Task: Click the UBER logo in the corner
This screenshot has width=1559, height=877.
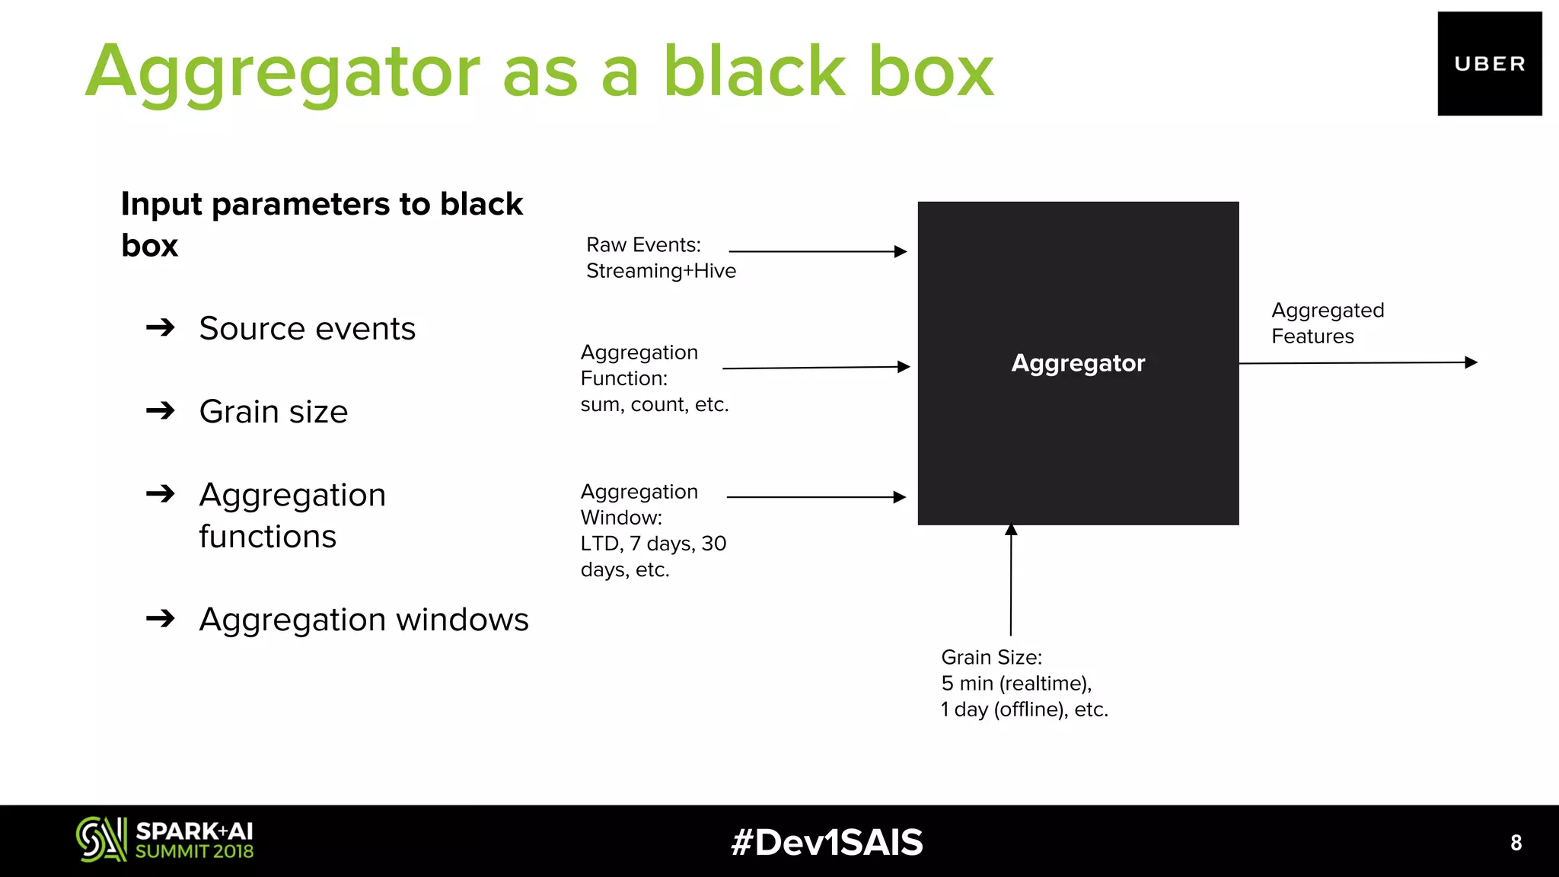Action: (x=1489, y=64)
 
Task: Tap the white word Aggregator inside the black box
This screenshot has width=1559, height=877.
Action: (x=1078, y=363)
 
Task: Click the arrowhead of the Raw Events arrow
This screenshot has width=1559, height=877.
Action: (x=901, y=251)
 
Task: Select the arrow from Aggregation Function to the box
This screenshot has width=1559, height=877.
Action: (x=815, y=368)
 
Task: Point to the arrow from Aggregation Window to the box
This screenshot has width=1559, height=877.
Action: (x=815, y=497)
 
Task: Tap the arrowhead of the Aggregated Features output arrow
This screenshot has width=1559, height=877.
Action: (x=1471, y=362)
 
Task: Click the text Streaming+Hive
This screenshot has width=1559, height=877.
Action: (x=661, y=271)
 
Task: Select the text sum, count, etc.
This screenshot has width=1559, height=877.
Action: (x=655, y=404)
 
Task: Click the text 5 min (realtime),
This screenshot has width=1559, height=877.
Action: (x=1016, y=684)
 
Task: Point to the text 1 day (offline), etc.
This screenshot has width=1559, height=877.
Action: (x=1025, y=710)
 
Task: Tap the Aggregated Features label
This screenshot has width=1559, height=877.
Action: (x=1328, y=323)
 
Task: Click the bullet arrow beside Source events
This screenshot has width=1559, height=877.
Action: (x=161, y=328)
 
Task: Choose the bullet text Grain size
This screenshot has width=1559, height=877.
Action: (x=273, y=412)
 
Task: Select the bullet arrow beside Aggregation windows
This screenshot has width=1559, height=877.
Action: (x=161, y=619)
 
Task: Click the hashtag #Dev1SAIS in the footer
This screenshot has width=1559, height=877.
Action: (x=827, y=843)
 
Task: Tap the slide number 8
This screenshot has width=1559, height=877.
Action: (x=1516, y=843)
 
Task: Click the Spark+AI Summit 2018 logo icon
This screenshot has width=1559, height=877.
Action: (x=100, y=840)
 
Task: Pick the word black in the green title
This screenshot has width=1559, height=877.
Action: (x=754, y=72)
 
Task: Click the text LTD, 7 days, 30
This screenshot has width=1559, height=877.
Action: (x=653, y=544)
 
